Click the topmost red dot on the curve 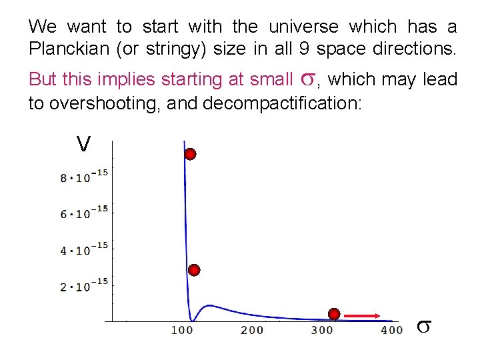[190, 155]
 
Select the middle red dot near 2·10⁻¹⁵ [194, 270]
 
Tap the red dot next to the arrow [334, 314]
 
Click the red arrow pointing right [363, 315]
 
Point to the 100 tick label [182, 330]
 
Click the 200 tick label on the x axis [252, 330]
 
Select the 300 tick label [322, 330]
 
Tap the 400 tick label [392, 330]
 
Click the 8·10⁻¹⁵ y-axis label [84, 177]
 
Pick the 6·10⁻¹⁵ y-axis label [84, 213]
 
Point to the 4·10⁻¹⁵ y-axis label [84, 250]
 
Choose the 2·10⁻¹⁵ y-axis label [84, 286]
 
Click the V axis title [83, 143]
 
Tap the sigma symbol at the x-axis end [424, 327]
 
